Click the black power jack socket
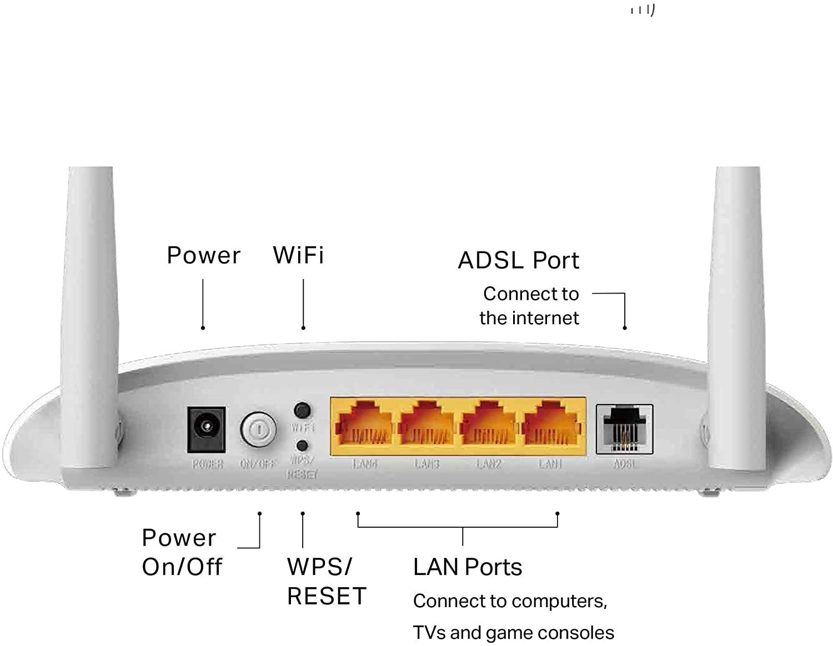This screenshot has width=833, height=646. click(207, 429)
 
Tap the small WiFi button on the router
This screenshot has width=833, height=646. click(302, 411)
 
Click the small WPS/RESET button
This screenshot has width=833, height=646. click(303, 446)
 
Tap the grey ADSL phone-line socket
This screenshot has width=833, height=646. click(624, 429)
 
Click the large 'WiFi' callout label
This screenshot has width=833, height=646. click(298, 255)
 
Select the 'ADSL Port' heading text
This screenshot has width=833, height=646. click(518, 260)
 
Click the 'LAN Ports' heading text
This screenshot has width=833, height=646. click(468, 567)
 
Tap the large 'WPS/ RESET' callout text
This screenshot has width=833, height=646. click(327, 581)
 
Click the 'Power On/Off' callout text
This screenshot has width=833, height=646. click(182, 552)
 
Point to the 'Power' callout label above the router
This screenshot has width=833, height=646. click(204, 255)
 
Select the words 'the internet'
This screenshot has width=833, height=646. click(529, 318)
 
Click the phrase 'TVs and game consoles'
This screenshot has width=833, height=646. click(513, 633)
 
